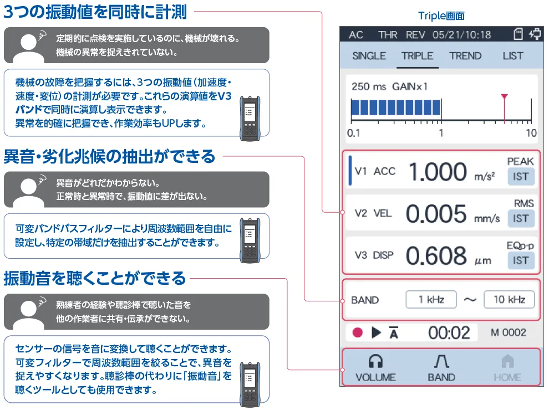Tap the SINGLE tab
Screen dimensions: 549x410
pyautogui.click(x=369, y=56)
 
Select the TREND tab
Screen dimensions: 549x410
pyautogui.click(x=465, y=56)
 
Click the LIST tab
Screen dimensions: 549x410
pyautogui.click(x=513, y=56)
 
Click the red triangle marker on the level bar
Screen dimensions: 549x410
pyautogui.click(x=504, y=96)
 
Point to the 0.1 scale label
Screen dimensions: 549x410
pyautogui.click(x=353, y=133)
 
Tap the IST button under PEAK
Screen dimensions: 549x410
pyautogui.click(x=521, y=176)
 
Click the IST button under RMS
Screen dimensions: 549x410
pyautogui.click(x=521, y=219)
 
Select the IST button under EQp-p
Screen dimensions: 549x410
pyautogui.click(x=521, y=260)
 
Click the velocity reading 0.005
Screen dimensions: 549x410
pyautogui.click(x=436, y=214)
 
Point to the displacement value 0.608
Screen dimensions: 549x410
pyautogui.click(x=436, y=256)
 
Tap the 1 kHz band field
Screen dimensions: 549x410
pyautogui.click(x=431, y=299)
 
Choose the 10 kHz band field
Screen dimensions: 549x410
pyautogui.click(x=509, y=299)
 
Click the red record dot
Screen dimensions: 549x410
pyautogui.click(x=358, y=332)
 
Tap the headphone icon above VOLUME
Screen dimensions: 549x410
pyautogui.click(x=375, y=361)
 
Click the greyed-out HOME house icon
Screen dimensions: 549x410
pyautogui.click(x=507, y=361)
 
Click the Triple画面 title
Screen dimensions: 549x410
pyautogui.click(x=441, y=16)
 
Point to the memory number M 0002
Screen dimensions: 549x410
pyautogui.click(x=509, y=332)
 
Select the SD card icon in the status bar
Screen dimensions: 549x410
pyautogui.click(x=518, y=34)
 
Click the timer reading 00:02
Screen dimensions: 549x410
pyautogui.click(x=449, y=332)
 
